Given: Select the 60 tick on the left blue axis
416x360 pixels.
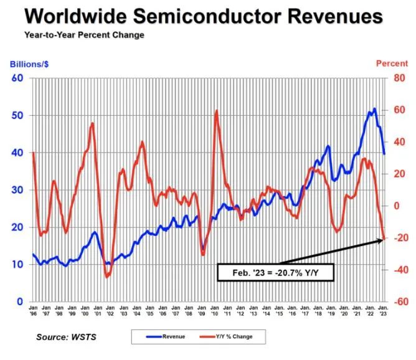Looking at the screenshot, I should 17,78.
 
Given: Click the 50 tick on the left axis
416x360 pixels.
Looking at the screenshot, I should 17,116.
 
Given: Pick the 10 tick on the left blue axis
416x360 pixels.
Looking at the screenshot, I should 17,265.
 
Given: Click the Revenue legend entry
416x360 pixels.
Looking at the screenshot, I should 168,337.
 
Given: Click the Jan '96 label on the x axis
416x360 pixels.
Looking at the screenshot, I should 33,310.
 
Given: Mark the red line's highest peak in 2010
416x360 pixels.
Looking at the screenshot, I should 216,111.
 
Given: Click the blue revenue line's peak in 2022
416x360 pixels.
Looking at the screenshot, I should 374,108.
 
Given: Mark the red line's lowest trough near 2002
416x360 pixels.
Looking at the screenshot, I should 106,277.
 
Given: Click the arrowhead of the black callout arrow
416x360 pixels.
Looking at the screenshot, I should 382,238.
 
